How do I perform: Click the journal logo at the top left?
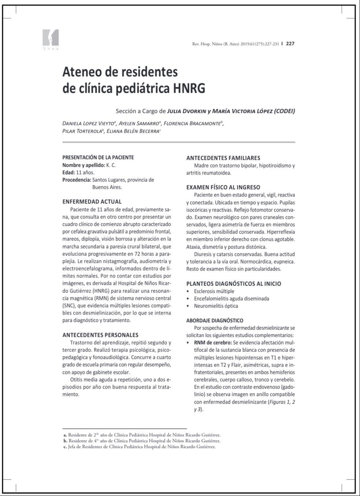51,39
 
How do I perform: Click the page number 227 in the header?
290,44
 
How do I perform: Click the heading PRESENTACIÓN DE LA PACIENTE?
98,157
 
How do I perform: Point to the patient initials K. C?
111,165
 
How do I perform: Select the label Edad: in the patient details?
69,172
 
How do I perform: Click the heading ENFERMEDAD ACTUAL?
92,202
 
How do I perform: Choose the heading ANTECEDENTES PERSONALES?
100,335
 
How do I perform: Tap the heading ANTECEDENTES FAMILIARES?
223,158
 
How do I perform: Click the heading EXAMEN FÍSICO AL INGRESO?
223,187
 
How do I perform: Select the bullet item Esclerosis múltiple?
214,291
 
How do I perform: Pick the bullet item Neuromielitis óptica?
216,306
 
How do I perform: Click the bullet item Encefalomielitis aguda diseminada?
231,298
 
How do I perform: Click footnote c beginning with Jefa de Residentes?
140,447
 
